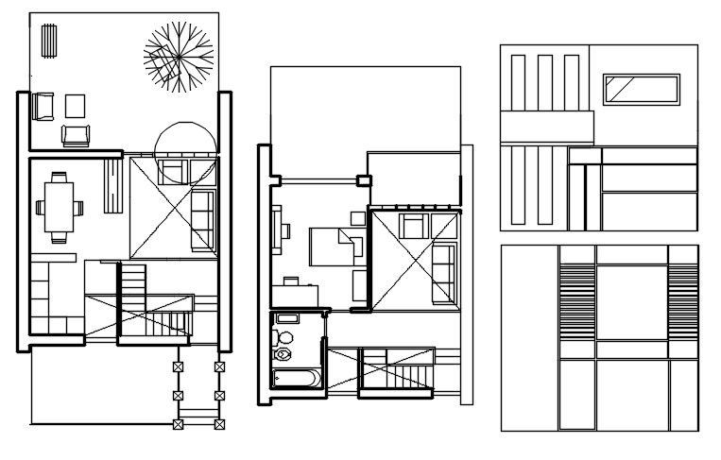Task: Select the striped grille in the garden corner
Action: (49, 43)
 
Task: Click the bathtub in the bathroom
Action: (296, 380)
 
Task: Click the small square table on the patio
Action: (76, 103)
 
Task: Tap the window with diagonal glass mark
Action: (642, 90)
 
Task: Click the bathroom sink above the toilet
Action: (286, 319)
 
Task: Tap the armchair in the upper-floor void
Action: (413, 226)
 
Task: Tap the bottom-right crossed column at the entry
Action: (220, 424)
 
